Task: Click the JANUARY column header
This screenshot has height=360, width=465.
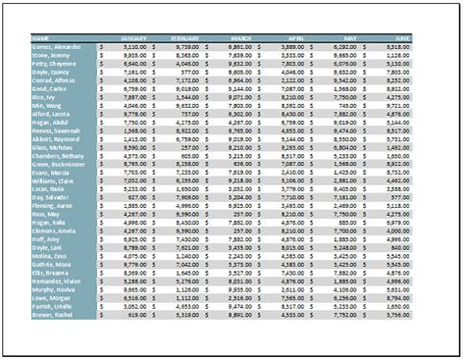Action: click(132, 38)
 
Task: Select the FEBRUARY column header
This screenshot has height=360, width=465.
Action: click(183, 38)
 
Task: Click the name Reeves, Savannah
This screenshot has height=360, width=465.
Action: click(56, 130)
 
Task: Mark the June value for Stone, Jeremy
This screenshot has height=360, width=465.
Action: click(397, 55)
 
